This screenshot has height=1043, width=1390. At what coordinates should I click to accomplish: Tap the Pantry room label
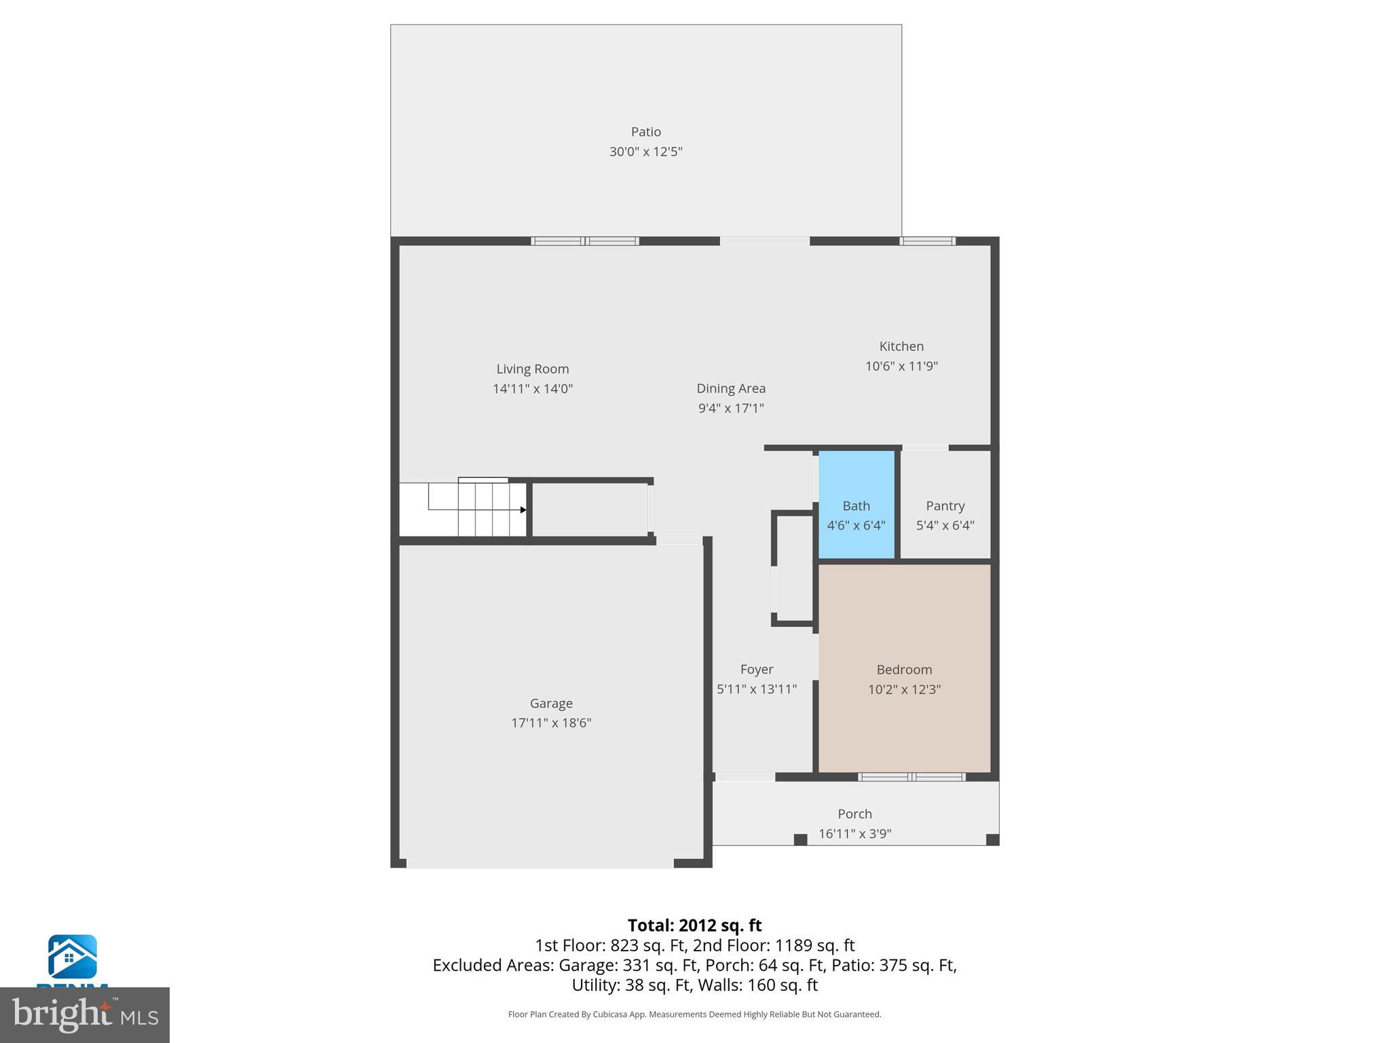click(945, 506)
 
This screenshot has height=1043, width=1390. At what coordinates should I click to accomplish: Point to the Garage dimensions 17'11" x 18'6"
click(551, 722)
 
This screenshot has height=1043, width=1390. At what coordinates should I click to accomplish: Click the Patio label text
click(645, 132)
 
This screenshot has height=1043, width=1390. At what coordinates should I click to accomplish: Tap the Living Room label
click(532, 369)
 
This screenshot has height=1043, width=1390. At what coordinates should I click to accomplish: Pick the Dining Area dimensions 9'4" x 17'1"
click(731, 408)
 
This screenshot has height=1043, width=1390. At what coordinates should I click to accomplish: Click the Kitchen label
click(901, 346)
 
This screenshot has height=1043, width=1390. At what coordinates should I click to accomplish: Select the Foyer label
click(756, 670)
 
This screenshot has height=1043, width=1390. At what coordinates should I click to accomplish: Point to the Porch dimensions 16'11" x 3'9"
click(854, 833)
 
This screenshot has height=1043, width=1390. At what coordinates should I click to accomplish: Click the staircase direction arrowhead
click(523, 509)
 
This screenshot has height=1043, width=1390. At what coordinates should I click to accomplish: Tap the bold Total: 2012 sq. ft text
click(694, 926)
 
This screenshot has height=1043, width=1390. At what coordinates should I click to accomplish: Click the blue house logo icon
click(72, 956)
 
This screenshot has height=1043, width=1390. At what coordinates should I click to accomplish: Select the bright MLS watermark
click(84, 1014)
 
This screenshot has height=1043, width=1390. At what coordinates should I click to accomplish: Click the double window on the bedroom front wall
click(912, 777)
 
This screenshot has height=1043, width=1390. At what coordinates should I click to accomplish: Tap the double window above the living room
click(584, 241)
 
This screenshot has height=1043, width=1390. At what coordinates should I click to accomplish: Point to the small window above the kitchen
click(927, 241)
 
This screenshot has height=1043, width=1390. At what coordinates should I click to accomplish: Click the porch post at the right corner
click(992, 839)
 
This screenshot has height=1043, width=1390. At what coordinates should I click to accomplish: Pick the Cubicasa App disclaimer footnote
click(694, 1014)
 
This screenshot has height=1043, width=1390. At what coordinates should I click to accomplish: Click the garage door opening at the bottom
click(540, 864)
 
